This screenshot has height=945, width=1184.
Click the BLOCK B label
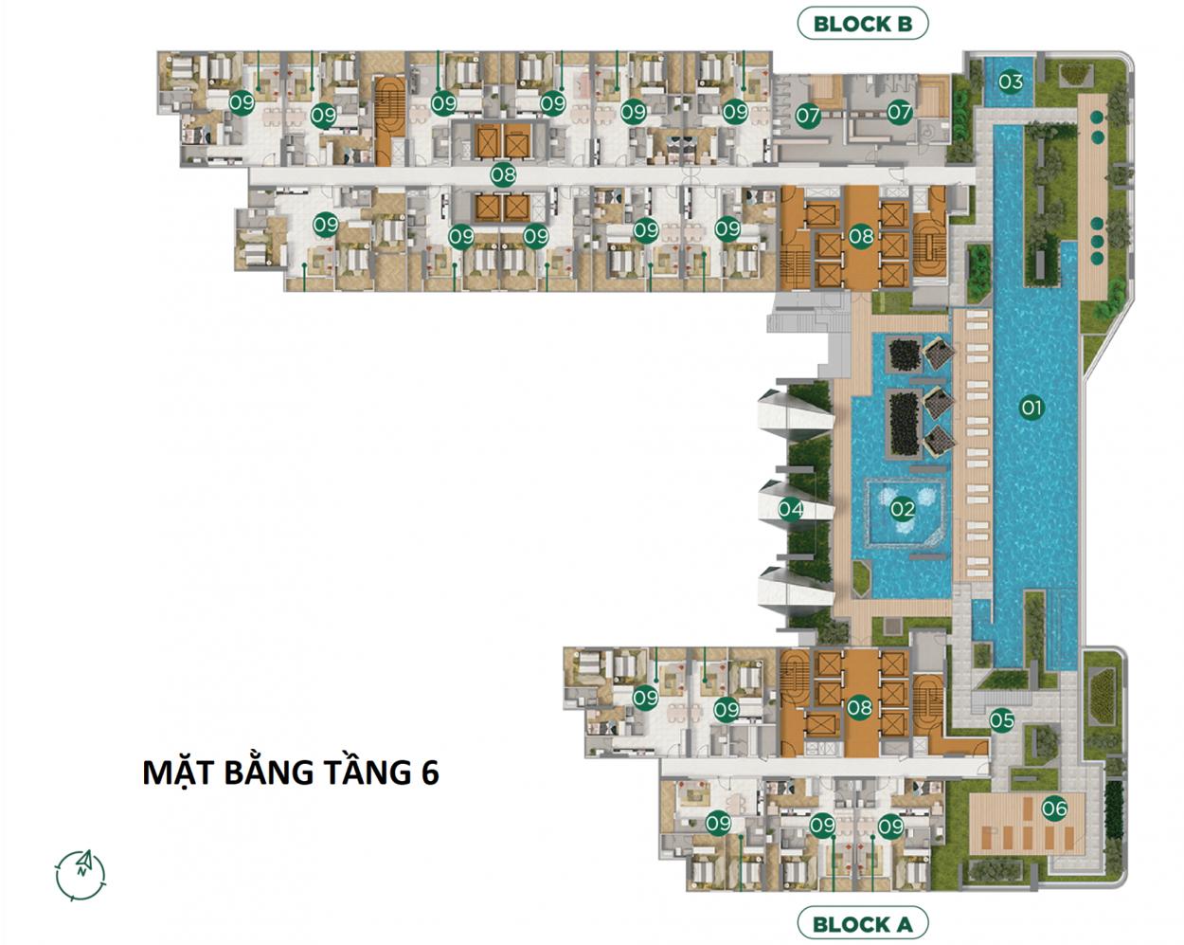click(863, 25)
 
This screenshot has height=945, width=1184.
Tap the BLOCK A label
click(863, 924)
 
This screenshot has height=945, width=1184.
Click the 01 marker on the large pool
click(1032, 409)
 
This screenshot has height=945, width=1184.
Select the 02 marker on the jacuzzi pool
click(903, 508)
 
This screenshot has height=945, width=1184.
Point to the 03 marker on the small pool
click(1010, 82)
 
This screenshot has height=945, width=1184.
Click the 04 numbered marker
click(790, 509)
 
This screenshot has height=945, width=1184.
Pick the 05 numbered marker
click(1001, 719)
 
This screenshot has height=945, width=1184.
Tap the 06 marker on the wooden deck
click(1054, 809)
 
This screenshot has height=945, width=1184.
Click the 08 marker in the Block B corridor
click(503, 175)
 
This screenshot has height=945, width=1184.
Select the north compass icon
click(81, 875)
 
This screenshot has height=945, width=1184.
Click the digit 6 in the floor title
click(430, 772)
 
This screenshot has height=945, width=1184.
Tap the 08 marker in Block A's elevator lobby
click(859, 706)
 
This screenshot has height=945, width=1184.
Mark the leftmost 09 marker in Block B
click(242, 102)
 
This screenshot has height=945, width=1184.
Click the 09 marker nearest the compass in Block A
click(645, 698)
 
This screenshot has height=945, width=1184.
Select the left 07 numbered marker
click(808, 116)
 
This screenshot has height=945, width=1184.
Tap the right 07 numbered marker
click(900, 113)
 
